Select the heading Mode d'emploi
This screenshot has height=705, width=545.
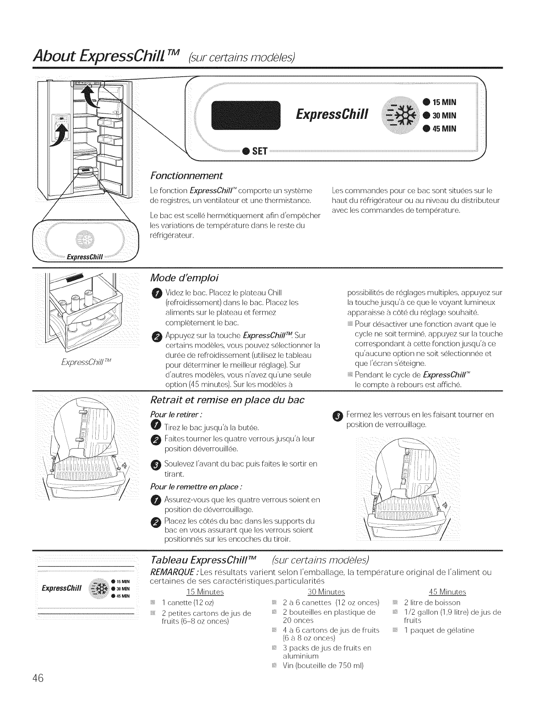179,278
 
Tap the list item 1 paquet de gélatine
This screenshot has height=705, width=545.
432,630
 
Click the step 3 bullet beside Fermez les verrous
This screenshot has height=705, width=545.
338,416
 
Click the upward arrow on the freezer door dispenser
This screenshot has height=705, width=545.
61,133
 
